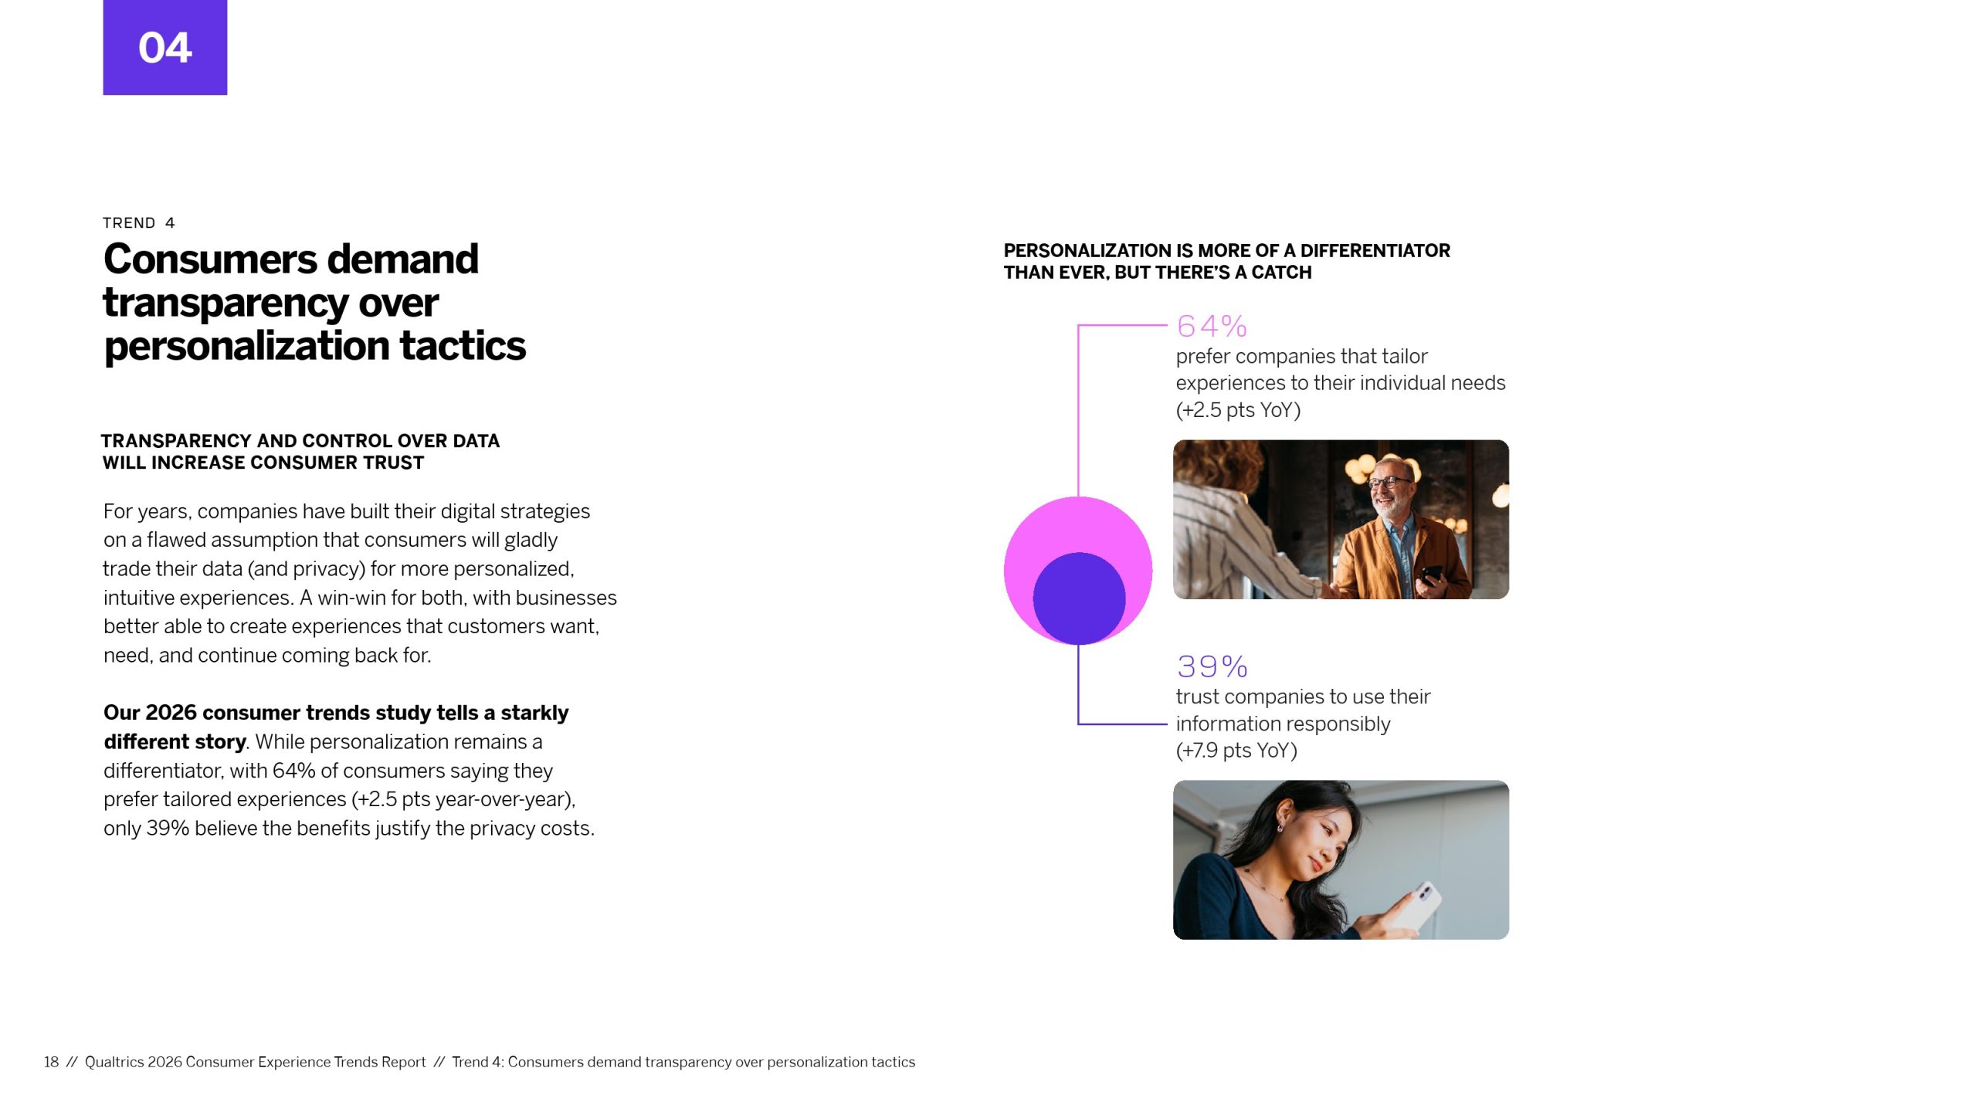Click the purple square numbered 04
pyautogui.click(x=165, y=47)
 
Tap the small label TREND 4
pyautogui.click(x=139, y=223)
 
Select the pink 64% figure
pyautogui.click(x=1212, y=327)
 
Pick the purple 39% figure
pyautogui.click(x=1212, y=666)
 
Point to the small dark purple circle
pyautogui.click(x=1079, y=598)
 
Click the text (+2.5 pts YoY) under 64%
pyautogui.click(x=1238, y=410)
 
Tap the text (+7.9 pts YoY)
pyautogui.click(x=1236, y=751)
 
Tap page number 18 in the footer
pyautogui.click(x=51, y=1063)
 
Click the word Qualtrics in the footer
pyautogui.click(x=114, y=1063)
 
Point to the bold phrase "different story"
pyautogui.click(x=175, y=742)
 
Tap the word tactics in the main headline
pyautogui.click(x=463, y=347)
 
